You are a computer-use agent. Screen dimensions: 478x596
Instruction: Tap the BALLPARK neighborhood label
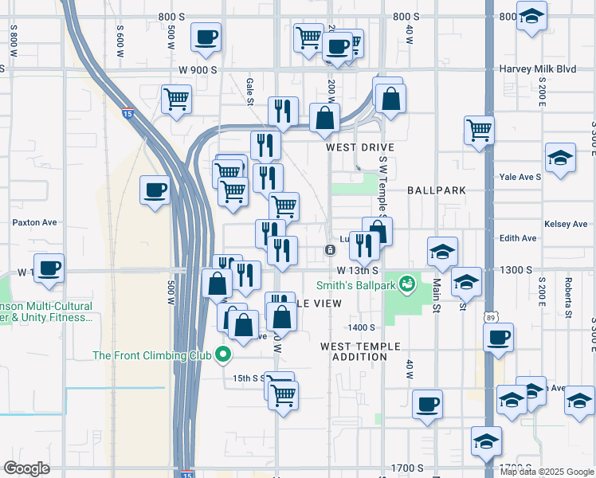436,191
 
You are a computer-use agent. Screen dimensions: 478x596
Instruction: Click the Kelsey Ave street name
566,225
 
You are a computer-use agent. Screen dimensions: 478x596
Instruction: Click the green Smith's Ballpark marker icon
408,283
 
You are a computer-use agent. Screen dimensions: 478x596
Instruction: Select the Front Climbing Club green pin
224,355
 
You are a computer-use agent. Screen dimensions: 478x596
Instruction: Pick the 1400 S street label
360,327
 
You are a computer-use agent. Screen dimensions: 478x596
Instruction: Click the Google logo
26,468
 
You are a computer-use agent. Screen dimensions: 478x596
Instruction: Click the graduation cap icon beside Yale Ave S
560,158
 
